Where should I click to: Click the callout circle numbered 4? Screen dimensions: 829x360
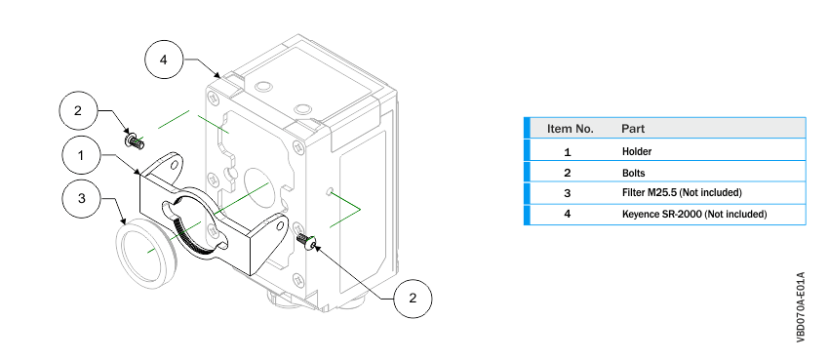[164, 60]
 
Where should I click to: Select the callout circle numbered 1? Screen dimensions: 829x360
[81, 155]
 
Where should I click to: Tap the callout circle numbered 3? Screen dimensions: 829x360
[81, 198]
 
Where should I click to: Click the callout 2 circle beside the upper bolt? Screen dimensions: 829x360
[78, 111]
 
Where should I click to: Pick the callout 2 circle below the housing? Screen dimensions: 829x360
[413, 299]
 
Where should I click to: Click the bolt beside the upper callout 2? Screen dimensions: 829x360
[135, 141]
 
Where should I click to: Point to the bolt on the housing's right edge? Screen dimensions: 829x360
[307, 241]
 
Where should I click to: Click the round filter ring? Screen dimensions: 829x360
[146, 255]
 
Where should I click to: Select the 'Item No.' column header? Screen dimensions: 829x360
[570, 129]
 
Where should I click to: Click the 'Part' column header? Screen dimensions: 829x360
[633, 129]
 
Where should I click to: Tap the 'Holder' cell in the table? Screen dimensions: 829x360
[637, 151]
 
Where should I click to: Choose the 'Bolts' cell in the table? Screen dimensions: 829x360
[633, 173]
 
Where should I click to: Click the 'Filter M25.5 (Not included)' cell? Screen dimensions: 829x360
[682, 192]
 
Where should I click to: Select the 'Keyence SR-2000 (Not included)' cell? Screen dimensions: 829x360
[694, 214]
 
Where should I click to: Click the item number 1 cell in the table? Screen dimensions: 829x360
[568, 152]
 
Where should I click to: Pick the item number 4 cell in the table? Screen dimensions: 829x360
[568, 215]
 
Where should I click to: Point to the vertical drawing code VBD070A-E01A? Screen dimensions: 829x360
[801, 307]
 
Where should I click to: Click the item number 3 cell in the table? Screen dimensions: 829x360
[568, 193]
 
